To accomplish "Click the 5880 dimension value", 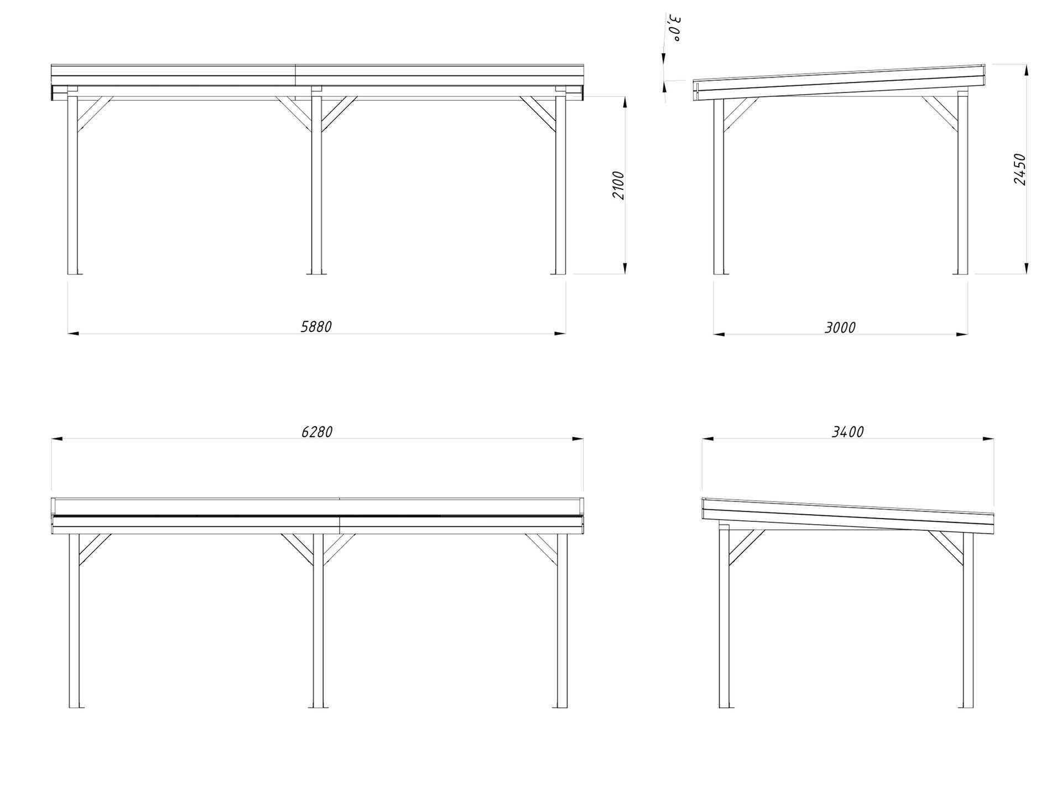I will (316, 327).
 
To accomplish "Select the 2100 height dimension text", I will (618, 185).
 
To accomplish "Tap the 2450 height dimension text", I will (1020, 169).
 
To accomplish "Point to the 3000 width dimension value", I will (840, 328).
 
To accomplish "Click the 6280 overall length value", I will (316, 432).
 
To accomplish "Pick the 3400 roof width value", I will (847, 432).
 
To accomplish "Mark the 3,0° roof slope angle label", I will (674, 29).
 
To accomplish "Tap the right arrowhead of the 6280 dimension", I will (577, 439).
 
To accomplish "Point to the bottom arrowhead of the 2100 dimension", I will (625, 268).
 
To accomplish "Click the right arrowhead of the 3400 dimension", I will (988, 439).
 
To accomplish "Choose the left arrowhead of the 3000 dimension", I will (719, 334).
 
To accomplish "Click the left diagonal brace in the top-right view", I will (740, 115).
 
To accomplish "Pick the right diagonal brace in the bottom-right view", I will (947, 548).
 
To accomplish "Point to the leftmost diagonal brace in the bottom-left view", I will (94, 550).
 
